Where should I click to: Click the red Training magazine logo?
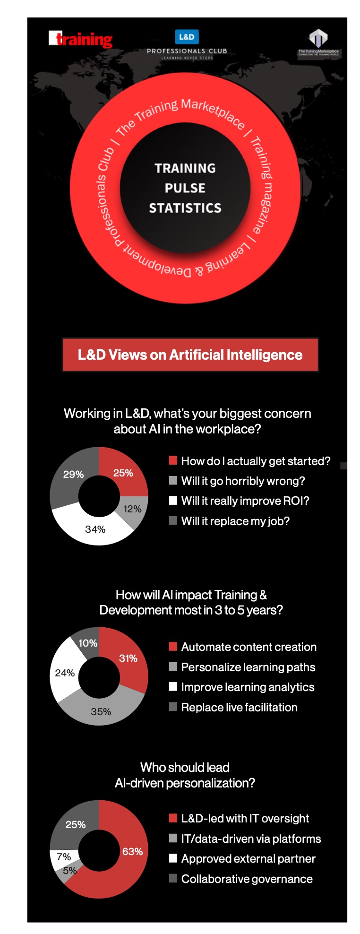pos(80,39)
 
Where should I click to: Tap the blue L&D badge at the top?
pos(187,36)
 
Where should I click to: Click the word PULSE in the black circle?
pos(185,188)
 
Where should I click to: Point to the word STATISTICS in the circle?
pos(185,208)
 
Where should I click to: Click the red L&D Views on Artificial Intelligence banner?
pos(190,355)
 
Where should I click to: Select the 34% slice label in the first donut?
pos(95,529)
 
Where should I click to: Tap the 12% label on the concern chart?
pos(132,509)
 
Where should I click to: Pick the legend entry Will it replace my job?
pos(235,521)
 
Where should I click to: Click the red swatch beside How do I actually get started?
pos(173,460)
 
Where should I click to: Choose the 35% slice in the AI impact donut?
pos(101,711)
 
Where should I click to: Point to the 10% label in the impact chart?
pos(88,643)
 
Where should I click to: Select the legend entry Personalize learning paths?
pos(248,667)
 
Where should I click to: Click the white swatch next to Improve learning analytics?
pos(173,686)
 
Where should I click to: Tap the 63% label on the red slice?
pos(132,851)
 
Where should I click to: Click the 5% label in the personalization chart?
pos(69,870)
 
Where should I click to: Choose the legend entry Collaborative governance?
pos(247,879)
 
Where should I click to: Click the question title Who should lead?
pos(185,767)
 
